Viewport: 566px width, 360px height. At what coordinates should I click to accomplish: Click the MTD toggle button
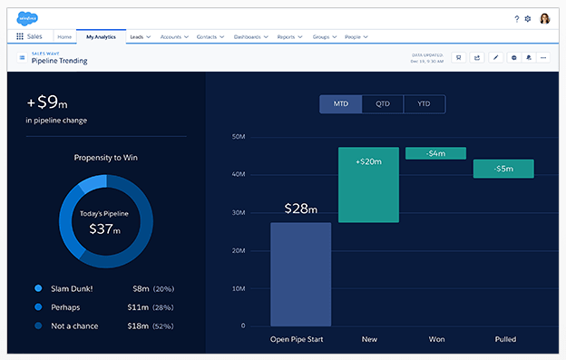341,104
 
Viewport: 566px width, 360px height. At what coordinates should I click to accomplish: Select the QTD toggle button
383,104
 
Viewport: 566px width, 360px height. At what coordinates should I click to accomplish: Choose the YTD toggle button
424,104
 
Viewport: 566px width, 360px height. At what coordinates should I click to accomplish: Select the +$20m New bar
368,184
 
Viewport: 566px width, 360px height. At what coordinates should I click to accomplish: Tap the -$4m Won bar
435,153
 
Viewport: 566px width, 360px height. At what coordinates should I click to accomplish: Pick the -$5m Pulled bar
503,169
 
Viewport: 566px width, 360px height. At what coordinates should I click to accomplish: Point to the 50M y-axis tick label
239,137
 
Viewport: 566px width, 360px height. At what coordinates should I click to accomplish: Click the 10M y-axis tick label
239,288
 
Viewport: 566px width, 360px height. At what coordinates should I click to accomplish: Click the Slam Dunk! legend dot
37,288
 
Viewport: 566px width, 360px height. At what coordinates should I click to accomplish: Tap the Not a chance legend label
74,326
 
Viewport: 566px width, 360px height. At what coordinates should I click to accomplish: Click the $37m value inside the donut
104,229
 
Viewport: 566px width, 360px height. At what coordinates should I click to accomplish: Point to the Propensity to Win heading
105,157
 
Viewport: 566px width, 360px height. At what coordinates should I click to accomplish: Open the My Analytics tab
102,37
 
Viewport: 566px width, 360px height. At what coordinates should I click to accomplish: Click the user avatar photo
544,18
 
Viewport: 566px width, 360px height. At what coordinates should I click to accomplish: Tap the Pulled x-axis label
505,340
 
